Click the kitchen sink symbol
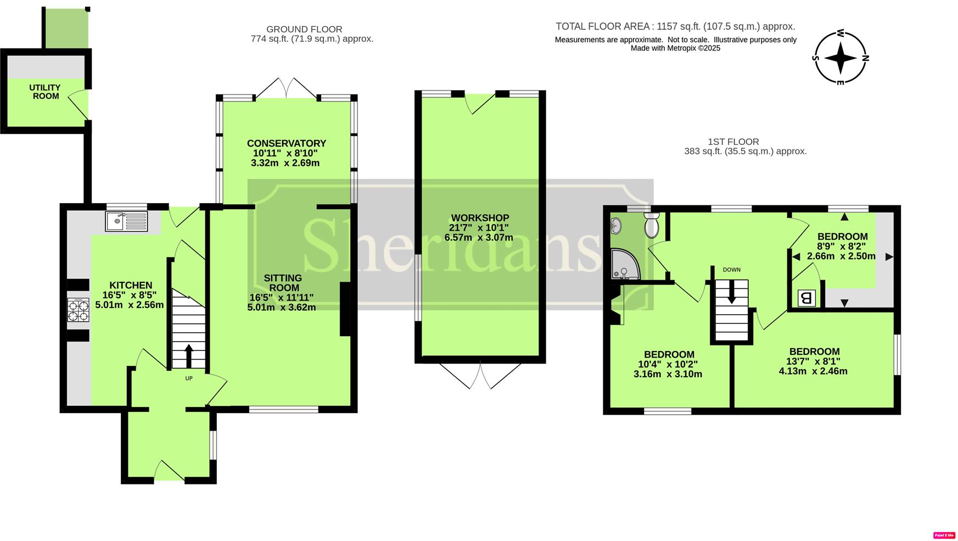[126, 221]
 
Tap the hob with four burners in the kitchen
[78, 310]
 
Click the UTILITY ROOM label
[46, 92]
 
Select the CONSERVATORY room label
[286, 143]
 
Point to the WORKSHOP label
[480, 218]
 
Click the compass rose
[840, 58]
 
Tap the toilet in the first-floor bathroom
[652, 226]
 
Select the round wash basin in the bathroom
[616, 225]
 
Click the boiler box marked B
[806, 298]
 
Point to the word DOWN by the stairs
[731, 270]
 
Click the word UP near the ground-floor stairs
[189, 378]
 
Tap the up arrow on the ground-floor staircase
[189, 355]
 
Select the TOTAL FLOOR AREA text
[675, 26]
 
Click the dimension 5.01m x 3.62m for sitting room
[282, 308]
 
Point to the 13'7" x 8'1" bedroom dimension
[813, 361]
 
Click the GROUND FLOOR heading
[304, 29]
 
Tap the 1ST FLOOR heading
[733, 142]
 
